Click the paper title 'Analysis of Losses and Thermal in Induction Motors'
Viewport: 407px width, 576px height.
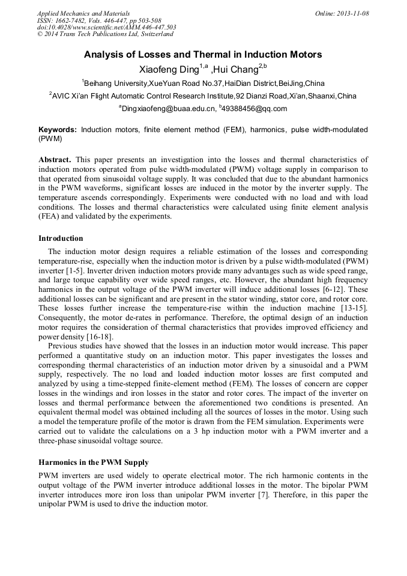pos(203,55)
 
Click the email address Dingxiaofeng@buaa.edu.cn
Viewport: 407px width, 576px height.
pos(169,109)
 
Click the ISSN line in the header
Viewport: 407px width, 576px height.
pos(99,20)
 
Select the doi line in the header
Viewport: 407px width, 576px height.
pos(106,27)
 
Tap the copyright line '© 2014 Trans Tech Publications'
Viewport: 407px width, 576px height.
pos(105,34)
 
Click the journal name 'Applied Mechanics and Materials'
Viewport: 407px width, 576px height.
pos(83,13)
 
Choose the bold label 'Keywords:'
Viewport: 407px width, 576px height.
pos(58,130)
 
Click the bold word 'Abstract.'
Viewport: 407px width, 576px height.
pos(55,160)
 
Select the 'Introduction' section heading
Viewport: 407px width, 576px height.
pos(61,238)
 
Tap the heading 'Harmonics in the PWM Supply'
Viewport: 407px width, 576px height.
pos(93,463)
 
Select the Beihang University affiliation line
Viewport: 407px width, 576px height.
pos(203,83)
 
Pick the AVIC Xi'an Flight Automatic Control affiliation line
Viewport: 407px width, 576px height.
pos(203,96)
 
